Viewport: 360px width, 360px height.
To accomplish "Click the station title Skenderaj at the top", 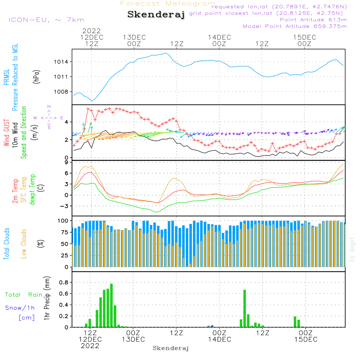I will pos(156,15).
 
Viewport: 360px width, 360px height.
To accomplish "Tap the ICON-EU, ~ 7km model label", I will pos(46,20).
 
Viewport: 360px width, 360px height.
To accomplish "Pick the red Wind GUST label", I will pos(7,133).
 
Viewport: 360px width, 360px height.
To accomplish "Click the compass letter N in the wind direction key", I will pos(49,107).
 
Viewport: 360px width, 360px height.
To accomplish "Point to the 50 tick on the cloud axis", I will pos(65,244).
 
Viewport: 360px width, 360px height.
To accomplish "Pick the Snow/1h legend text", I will pos(20,308).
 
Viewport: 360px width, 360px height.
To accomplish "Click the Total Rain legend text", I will pos(24,295).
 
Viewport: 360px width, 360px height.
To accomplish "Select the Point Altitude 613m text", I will pos(313,20).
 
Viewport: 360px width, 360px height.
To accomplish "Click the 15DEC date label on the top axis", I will pos(305,37).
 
